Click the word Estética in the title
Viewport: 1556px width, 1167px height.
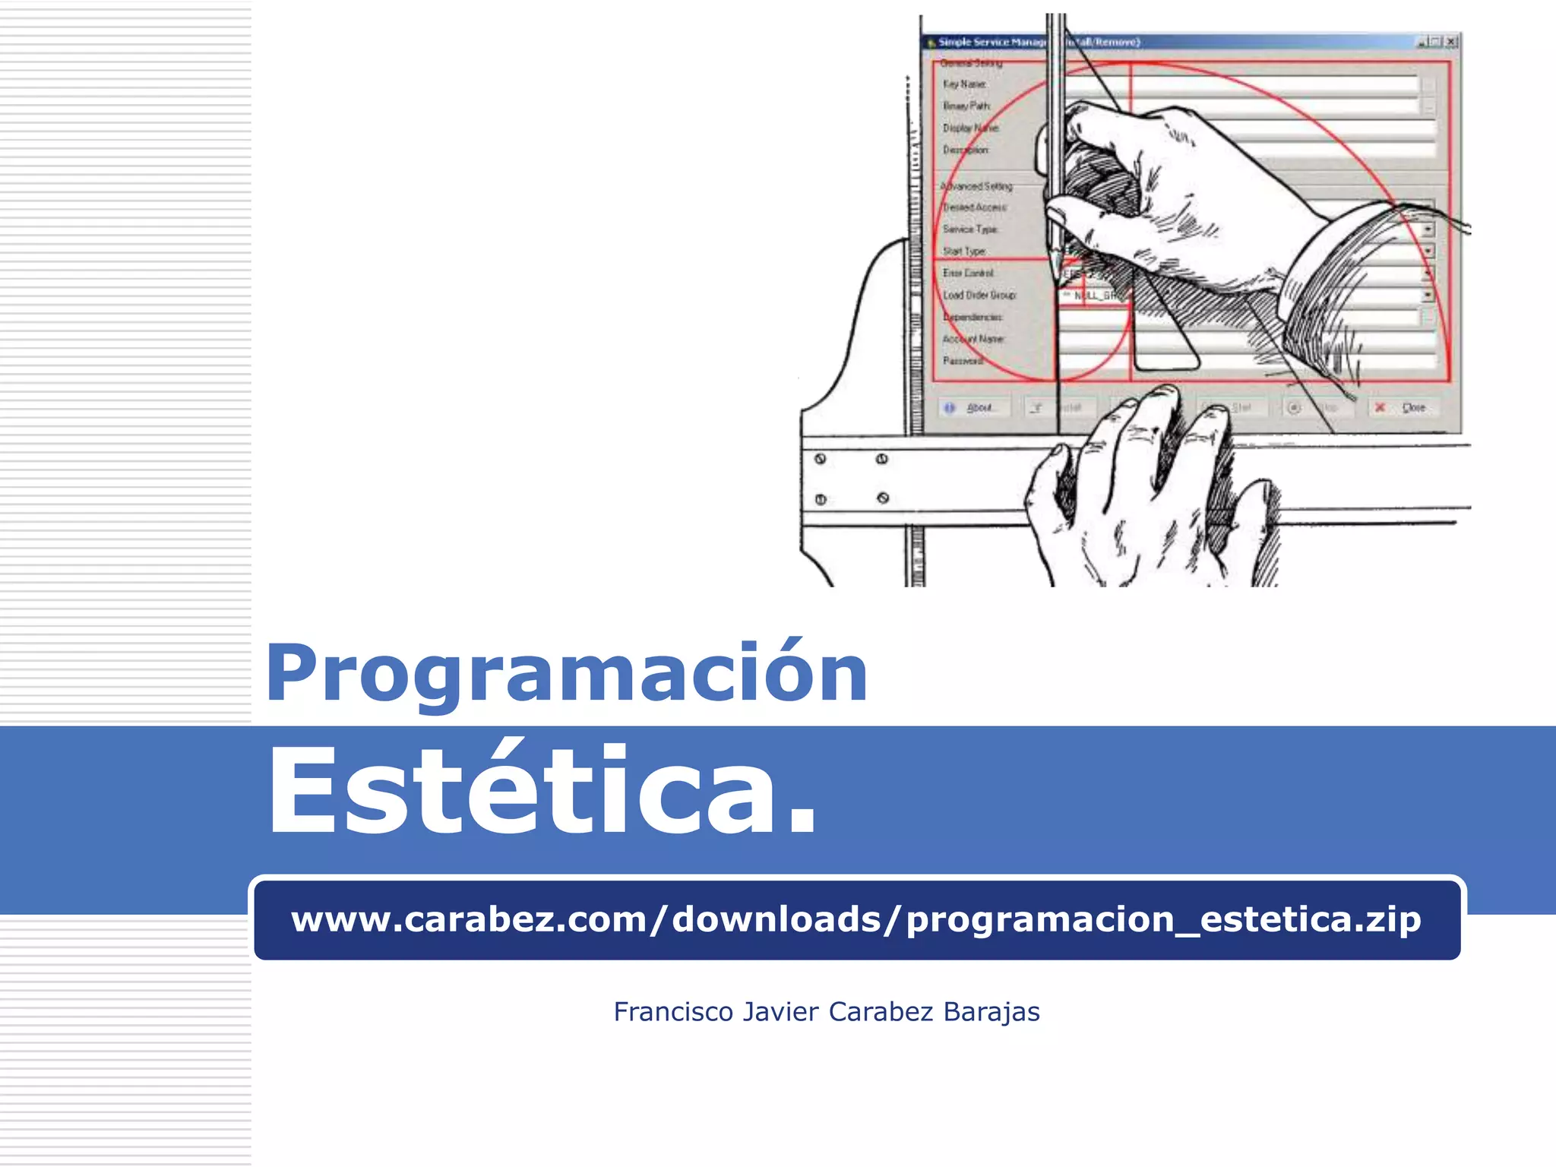point(541,790)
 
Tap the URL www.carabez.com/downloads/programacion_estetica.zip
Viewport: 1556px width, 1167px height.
point(855,919)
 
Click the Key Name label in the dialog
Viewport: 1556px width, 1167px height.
point(965,84)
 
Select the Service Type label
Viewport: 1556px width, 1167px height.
point(970,229)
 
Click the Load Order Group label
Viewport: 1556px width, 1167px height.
point(979,295)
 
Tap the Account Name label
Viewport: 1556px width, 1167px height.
point(973,339)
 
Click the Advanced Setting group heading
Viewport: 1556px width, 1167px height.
point(976,186)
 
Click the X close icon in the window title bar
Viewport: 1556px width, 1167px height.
point(1450,42)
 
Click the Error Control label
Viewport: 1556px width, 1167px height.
point(968,273)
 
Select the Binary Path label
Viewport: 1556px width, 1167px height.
point(966,106)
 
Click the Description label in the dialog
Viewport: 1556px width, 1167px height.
point(966,150)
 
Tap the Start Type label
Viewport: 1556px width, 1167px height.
point(964,251)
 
